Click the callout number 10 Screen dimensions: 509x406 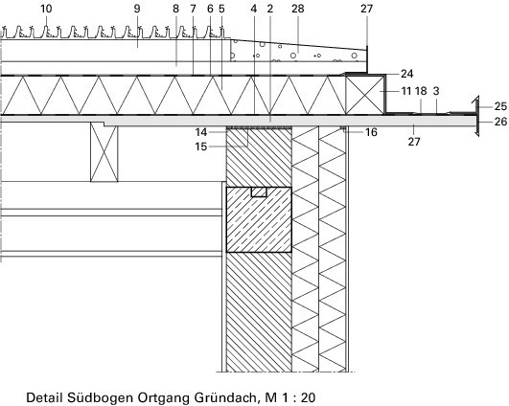click(46, 9)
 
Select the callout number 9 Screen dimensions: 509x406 click(137, 9)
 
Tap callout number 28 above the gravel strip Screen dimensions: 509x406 click(298, 9)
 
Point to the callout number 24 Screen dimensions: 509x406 click(407, 74)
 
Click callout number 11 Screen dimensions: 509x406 click(406, 91)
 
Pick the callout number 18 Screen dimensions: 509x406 click(421, 91)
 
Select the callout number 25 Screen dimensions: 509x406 click(500, 106)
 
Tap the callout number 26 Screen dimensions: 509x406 click(500, 122)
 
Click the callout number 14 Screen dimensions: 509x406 click(201, 132)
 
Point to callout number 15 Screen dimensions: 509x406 click(201, 147)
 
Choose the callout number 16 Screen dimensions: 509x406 click(371, 132)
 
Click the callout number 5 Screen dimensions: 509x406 click(221, 9)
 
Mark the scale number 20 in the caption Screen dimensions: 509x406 click(308, 397)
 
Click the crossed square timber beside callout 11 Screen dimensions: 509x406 click(364, 95)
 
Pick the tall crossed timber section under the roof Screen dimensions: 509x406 click(104, 151)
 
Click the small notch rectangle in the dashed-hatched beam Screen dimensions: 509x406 click(259, 192)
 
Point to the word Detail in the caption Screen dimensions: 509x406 click(44, 397)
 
